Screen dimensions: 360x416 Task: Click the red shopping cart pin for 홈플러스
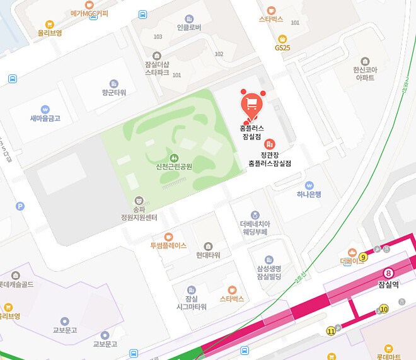(x=251, y=104)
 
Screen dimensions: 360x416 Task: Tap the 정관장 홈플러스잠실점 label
(x=270, y=158)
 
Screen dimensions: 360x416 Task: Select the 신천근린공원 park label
(x=173, y=166)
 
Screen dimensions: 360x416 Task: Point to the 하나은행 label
(x=309, y=195)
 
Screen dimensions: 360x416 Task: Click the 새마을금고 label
(x=45, y=118)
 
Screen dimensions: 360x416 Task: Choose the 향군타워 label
(x=114, y=92)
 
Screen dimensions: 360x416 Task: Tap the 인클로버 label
(x=189, y=27)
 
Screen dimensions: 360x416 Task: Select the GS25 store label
(x=282, y=47)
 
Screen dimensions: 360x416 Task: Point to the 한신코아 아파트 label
(x=364, y=73)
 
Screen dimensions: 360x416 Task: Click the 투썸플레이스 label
(x=168, y=245)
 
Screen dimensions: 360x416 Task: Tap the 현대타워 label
(x=208, y=255)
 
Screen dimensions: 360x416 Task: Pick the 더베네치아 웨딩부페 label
(x=254, y=227)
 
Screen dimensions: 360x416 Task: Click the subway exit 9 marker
(x=364, y=257)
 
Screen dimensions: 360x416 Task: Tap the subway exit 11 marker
(x=331, y=331)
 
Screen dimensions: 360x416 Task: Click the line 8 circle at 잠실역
(x=388, y=274)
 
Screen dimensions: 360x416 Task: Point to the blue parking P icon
(x=20, y=206)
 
